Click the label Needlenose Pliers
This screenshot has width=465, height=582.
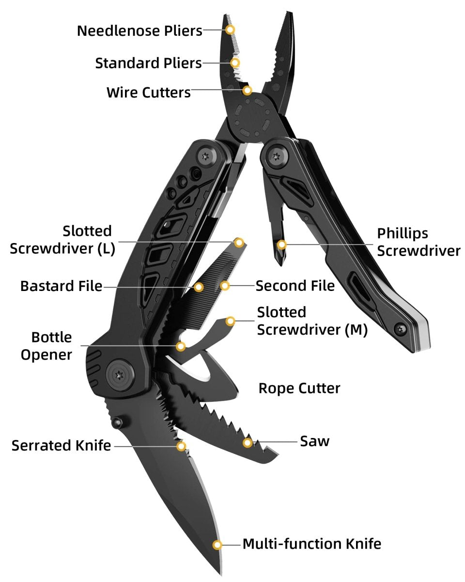(x=139, y=31)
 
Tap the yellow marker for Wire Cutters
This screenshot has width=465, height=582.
(x=247, y=90)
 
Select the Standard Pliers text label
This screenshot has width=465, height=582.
(x=148, y=63)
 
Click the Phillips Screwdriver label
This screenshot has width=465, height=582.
(x=418, y=242)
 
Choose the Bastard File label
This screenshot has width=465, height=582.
(x=61, y=286)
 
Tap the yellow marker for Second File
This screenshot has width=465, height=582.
(x=225, y=286)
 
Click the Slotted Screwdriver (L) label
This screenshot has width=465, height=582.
(x=62, y=240)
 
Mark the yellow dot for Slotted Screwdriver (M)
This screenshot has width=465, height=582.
(x=231, y=321)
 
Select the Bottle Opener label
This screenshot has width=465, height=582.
(x=46, y=346)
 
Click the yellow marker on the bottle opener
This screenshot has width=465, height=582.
(x=181, y=346)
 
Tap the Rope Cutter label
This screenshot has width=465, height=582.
(x=299, y=388)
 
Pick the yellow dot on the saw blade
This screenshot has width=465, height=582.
(x=248, y=442)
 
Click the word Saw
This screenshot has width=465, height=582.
(x=314, y=441)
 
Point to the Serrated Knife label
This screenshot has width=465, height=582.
(x=62, y=445)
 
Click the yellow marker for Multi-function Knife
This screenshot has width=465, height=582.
(x=217, y=544)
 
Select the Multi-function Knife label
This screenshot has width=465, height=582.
(x=311, y=544)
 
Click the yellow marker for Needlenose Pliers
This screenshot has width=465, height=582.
(x=231, y=30)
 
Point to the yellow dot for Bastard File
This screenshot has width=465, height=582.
(x=198, y=287)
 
